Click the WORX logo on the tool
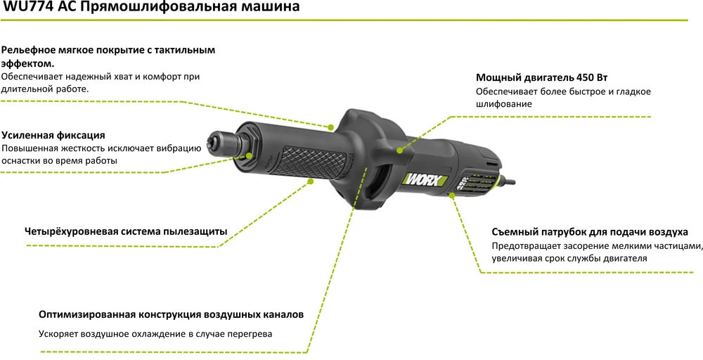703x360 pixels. (x=425, y=180)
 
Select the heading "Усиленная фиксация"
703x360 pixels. (x=53, y=135)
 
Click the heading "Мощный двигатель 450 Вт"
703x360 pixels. (x=541, y=77)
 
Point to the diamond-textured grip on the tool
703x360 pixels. (x=309, y=160)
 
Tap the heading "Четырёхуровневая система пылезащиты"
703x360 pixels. (x=126, y=232)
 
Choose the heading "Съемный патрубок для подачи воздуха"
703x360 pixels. (x=590, y=232)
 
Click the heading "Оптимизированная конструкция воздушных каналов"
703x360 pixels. (x=172, y=315)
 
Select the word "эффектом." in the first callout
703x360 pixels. (x=28, y=63)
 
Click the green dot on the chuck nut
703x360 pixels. (x=249, y=156)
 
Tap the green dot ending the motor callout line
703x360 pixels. (x=399, y=151)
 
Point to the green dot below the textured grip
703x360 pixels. (x=310, y=181)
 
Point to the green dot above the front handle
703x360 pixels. (x=331, y=127)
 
